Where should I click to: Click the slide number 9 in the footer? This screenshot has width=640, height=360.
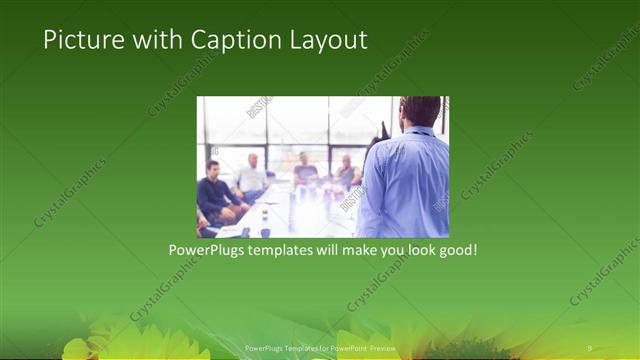(589, 347)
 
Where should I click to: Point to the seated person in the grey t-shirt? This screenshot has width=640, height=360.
(306, 172)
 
